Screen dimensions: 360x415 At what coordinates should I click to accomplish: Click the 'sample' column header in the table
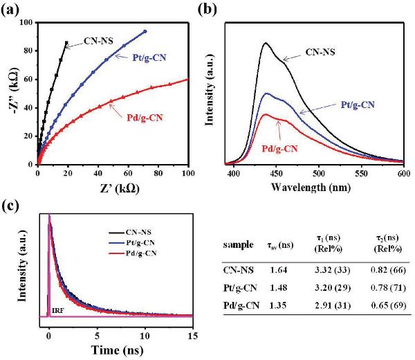[237, 246]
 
